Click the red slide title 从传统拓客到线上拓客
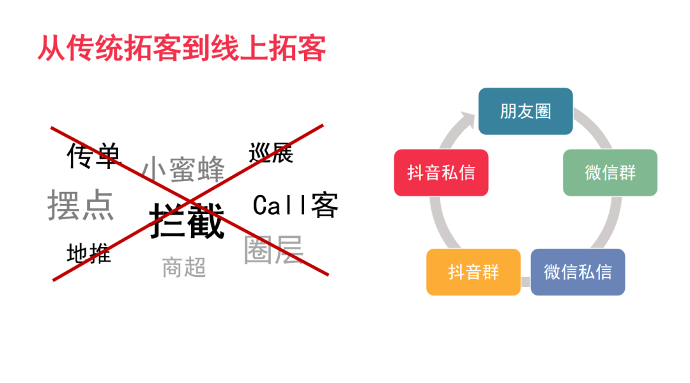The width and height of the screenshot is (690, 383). click(x=181, y=49)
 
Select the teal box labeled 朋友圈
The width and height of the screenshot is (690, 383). click(x=525, y=111)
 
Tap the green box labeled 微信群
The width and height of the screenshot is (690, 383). click(x=609, y=173)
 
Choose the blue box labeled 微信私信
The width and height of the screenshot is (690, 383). click(x=578, y=272)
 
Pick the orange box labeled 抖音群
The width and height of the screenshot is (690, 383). click(x=473, y=272)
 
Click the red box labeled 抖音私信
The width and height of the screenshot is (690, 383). click(x=441, y=173)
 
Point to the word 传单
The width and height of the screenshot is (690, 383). click(x=93, y=155)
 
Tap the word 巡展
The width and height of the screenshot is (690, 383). click(x=271, y=153)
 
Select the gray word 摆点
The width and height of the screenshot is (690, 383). click(x=80, y=205)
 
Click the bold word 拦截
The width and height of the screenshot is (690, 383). click(x=187, y=221)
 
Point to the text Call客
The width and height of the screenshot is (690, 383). click(x=295, y=205)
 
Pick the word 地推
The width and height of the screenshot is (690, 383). click(x=89, y=253)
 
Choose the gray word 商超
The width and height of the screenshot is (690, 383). click(x=184, y=267)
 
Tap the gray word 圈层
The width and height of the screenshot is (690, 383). click(x=273, y=250)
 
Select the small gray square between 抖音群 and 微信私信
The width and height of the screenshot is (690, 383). click(x=526, y=281)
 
